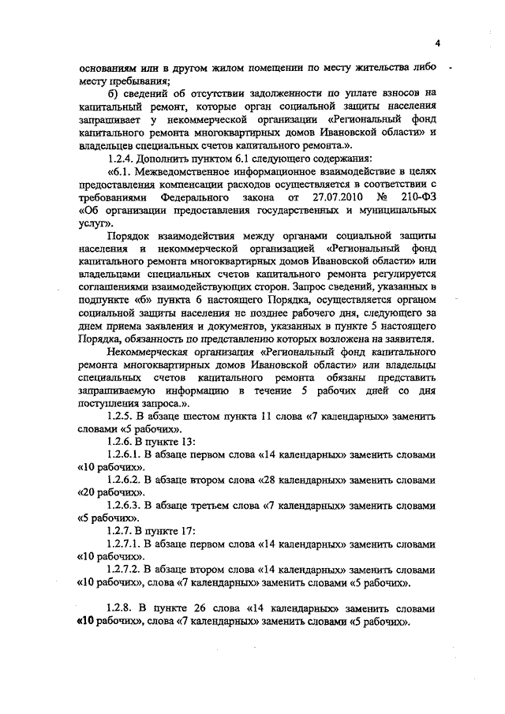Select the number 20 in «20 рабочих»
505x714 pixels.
pyautogui.click(x=88, y=492)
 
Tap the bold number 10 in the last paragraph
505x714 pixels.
pyautogui.click(x=87, y=622)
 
